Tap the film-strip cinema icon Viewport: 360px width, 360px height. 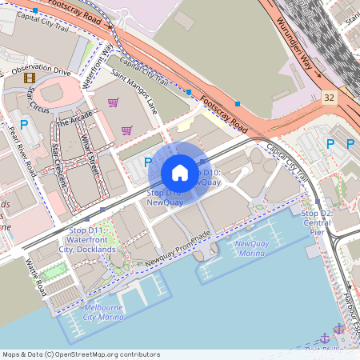(30, 78)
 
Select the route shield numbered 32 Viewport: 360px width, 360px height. (330, 97)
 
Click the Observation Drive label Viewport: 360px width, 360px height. (42, 70)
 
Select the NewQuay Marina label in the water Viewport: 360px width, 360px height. (251, 248)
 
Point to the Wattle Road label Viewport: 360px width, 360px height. (37, 277)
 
